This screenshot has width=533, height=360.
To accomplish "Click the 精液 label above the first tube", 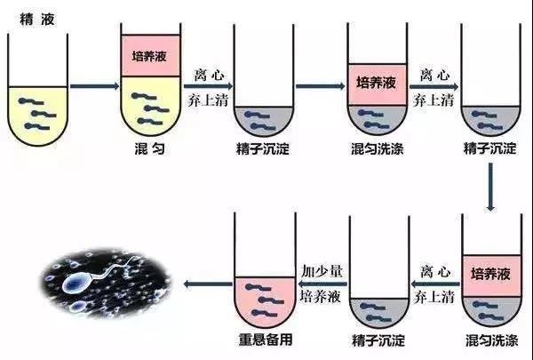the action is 37,20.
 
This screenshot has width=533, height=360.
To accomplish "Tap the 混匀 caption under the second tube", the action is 150,148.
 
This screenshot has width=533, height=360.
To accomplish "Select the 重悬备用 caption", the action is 266,340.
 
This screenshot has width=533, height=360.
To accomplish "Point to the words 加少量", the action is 322,271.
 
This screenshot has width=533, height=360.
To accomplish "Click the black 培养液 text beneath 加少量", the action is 320,296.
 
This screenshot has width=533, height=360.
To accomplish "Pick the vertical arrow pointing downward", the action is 490,187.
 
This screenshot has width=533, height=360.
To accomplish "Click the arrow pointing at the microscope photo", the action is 208,284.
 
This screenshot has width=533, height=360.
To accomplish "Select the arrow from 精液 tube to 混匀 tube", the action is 95,85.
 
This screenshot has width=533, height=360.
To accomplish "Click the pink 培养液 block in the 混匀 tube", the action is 151,56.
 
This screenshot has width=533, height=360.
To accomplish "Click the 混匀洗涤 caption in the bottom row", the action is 491,340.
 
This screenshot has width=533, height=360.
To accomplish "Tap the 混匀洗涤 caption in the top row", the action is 378,148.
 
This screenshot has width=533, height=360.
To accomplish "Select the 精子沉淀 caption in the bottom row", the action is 378,340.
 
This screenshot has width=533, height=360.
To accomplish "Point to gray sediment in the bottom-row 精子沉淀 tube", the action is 379,312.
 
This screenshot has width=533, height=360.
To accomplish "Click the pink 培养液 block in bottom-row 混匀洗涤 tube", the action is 492,276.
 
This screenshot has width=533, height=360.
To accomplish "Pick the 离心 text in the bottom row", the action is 435,272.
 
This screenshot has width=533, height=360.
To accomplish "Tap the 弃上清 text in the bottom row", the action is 434,297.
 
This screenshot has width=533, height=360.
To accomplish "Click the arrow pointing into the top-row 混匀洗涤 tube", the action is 321,85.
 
